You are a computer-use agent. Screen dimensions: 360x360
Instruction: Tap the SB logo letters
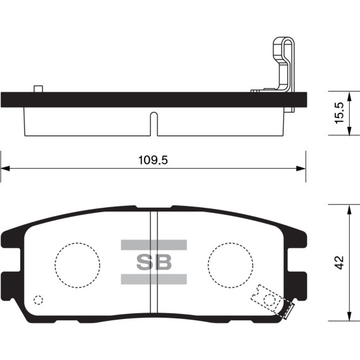153,261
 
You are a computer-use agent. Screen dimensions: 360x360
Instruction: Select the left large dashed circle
77,263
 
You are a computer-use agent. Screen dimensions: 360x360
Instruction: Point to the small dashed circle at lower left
39,301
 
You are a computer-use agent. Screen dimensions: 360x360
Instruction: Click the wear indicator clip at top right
284,66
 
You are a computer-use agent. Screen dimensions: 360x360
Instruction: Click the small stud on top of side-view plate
38,88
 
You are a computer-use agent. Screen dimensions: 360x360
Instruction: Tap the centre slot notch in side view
153,123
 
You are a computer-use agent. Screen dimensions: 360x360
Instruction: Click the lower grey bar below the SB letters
153,279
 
